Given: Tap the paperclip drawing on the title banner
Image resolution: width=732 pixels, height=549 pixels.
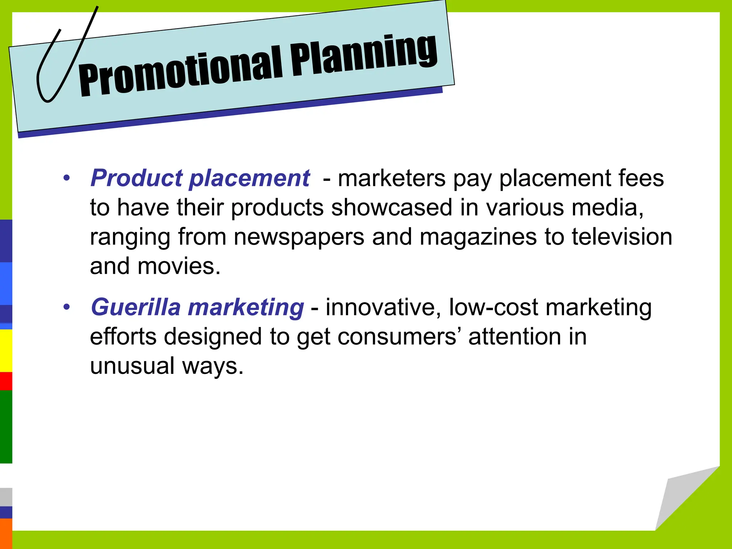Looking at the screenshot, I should click(x=61, y=61).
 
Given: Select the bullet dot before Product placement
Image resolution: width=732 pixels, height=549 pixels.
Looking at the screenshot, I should click(x=66, y=178).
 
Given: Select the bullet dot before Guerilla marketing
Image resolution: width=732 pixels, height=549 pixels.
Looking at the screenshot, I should click(x=66, y=307).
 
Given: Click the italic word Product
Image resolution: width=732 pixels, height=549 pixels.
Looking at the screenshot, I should click(x=137, y=178).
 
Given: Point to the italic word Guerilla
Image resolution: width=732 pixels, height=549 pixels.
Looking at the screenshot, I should click(x=136, y=307).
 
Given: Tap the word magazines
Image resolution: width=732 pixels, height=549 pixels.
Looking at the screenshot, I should click(x=478, y=237).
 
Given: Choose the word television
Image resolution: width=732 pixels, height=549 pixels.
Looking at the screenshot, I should click(x=622, y=237).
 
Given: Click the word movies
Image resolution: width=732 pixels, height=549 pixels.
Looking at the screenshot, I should click(x=179, y=266).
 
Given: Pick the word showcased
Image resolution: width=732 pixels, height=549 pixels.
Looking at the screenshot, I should click(x=391, y=208).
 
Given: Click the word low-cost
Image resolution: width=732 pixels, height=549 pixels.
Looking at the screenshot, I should click(x=493, y=307).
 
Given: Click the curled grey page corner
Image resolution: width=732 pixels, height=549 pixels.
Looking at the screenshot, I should click(x=679, y=500).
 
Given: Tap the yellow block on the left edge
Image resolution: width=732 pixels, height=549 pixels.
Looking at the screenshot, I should click(x=6, y=351).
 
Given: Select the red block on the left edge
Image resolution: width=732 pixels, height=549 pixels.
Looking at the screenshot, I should click(x=6, y=381).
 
